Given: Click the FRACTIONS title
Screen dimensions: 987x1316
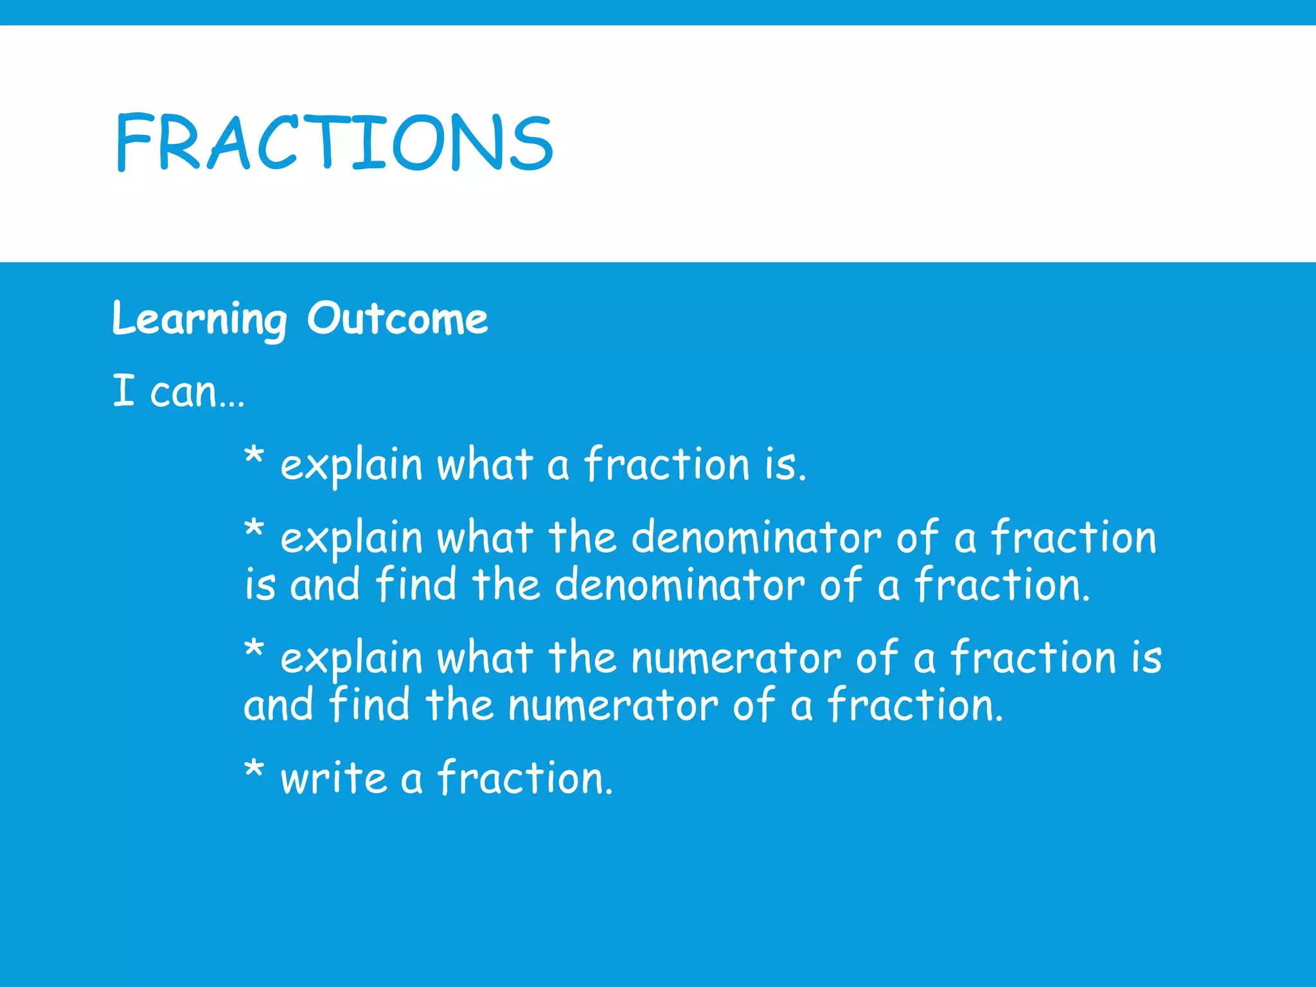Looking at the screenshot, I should tap(334, 143).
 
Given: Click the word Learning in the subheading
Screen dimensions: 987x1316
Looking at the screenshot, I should tap(199, 319).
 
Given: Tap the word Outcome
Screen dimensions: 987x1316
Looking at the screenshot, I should tap(397, 319).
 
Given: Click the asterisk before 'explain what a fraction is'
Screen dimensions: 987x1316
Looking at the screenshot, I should tap(254, 457).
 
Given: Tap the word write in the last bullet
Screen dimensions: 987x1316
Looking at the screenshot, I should tap(333, 779).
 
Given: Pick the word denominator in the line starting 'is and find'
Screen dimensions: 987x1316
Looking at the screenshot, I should tap(679, 585).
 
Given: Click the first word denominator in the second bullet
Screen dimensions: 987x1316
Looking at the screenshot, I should tap(756, 538).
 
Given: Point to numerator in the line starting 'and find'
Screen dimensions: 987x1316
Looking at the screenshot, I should tap(613, 706).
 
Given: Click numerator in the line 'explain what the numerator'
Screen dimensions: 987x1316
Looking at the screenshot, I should tap(736, 659).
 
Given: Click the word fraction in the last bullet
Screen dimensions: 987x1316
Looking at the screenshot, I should tap(525, 779).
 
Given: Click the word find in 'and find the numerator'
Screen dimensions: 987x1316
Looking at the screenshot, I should tap(369, 705).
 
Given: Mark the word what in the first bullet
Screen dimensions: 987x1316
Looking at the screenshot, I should tap(485, 465).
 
